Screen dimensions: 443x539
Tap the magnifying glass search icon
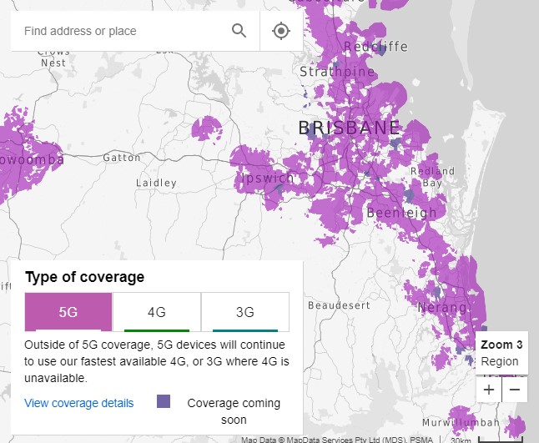point(239,31)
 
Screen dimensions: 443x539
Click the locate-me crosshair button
point(281,31)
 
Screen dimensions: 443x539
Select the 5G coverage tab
point(68,312)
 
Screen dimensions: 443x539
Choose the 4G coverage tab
point(157,312)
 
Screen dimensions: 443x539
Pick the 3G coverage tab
point(245,312)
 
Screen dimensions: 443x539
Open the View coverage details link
point(79,403)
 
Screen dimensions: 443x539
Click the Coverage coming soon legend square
point(164,402)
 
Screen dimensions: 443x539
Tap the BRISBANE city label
point(349,128)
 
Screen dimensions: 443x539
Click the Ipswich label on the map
point(268,179)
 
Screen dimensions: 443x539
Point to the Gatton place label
point(122,158)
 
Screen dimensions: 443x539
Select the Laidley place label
point(156,183)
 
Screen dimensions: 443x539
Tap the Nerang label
point(437,308)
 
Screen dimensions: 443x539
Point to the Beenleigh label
point(401,213)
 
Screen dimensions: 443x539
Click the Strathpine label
point(337,72)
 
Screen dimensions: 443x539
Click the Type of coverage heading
point(84,277)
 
